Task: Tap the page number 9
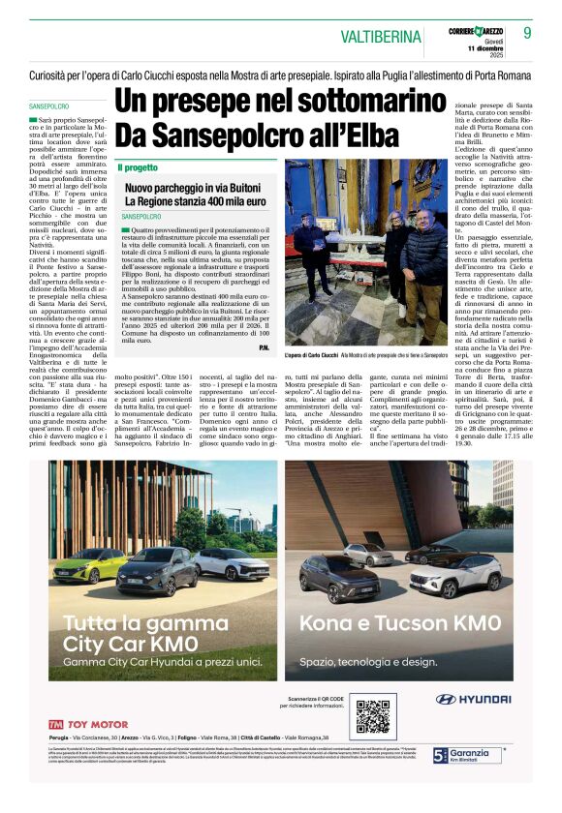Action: coord(528,33)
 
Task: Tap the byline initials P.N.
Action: coord(264,347)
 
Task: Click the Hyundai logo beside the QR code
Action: coord(473,698)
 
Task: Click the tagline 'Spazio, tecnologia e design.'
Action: coord(368,662)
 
